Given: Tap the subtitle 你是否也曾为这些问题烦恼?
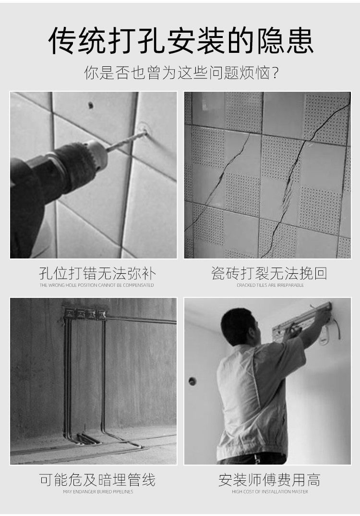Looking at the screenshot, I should point(182,73).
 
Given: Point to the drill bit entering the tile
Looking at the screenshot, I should point(126,141).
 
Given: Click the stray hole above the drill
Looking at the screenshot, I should point(90,105).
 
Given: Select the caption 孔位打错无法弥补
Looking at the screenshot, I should point(97,274).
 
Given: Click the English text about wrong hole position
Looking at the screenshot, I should point(97,285).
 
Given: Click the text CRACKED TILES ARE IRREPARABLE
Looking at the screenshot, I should point(270,285).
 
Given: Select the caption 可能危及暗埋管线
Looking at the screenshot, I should point(97,479).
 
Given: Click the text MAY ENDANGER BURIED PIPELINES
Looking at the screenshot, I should point(98,491).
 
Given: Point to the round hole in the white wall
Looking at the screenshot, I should point(192,381).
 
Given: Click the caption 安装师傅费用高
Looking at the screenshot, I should point(269,479).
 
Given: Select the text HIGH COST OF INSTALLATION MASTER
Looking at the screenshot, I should point(270,491).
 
